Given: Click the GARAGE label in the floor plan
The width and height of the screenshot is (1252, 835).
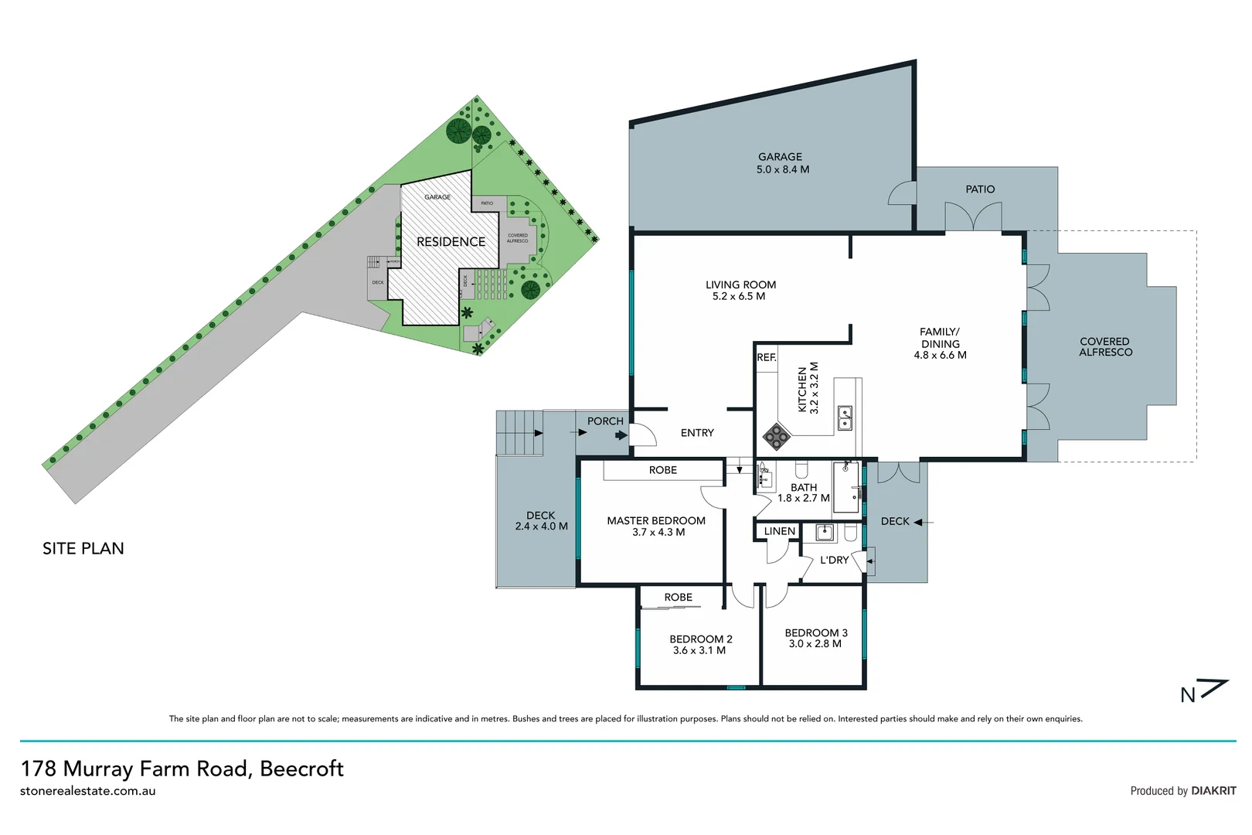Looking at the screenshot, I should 779,157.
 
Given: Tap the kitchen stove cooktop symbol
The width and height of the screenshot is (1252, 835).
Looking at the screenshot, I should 776,437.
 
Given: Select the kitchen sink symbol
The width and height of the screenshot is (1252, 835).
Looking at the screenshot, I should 845,418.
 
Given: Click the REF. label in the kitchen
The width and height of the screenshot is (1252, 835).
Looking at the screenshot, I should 766,357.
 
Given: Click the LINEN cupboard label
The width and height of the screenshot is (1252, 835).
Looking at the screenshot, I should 779,531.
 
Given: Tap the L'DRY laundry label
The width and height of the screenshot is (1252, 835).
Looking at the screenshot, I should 834,560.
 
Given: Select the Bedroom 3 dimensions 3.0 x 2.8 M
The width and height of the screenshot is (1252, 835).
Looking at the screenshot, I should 815,644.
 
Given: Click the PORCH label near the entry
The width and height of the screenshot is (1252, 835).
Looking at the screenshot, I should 604,421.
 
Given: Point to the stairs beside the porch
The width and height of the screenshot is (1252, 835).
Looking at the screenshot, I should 519,433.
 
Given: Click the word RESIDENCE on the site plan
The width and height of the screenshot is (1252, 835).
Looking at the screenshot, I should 451,242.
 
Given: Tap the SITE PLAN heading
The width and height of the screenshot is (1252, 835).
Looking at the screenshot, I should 83,549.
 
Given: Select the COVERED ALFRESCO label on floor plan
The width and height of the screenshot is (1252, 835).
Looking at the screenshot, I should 1105,347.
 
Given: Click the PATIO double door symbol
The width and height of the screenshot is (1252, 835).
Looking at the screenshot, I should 973,216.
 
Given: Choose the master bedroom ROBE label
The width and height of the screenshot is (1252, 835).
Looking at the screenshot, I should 662,470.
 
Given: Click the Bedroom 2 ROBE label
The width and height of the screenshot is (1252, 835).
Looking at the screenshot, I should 678,598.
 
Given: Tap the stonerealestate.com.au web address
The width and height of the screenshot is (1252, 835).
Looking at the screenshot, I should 87,791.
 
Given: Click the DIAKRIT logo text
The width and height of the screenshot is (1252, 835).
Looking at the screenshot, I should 1213,791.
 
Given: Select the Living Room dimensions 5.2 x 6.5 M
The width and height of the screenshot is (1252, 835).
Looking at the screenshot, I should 738,297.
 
